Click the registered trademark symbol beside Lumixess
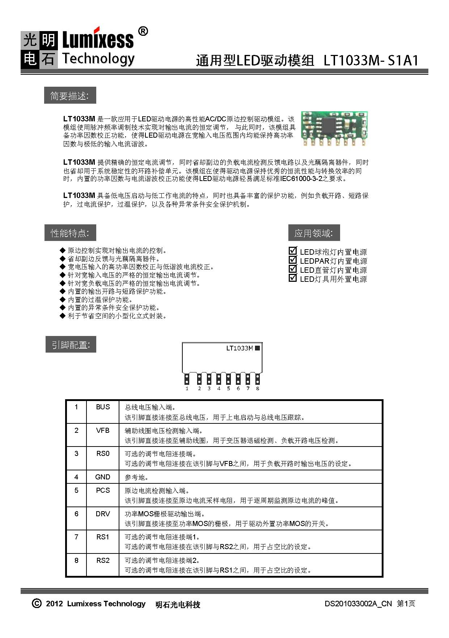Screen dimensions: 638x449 point(143,32)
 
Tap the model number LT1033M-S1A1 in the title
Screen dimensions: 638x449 point(371,60)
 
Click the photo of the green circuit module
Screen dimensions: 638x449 point(334,129)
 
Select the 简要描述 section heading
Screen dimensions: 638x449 point(69,96)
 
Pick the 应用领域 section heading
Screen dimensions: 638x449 point(314,233)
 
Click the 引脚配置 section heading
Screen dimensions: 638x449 point(71,345)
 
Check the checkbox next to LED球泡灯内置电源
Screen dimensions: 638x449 point(293,251)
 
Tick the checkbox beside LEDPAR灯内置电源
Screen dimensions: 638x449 point(293,260)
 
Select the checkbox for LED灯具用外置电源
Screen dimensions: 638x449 point(293,278)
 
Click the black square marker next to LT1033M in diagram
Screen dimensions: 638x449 point(257,348)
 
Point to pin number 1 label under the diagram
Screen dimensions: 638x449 point(187,389)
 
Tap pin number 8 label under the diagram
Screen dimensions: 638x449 point(258,389)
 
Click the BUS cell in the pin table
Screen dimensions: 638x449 point(103,407)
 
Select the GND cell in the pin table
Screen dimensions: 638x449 point(103,477)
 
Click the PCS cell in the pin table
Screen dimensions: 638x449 point(103,491)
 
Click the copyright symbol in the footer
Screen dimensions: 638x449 point(37,604)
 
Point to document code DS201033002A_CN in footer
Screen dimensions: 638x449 point(358,604)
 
